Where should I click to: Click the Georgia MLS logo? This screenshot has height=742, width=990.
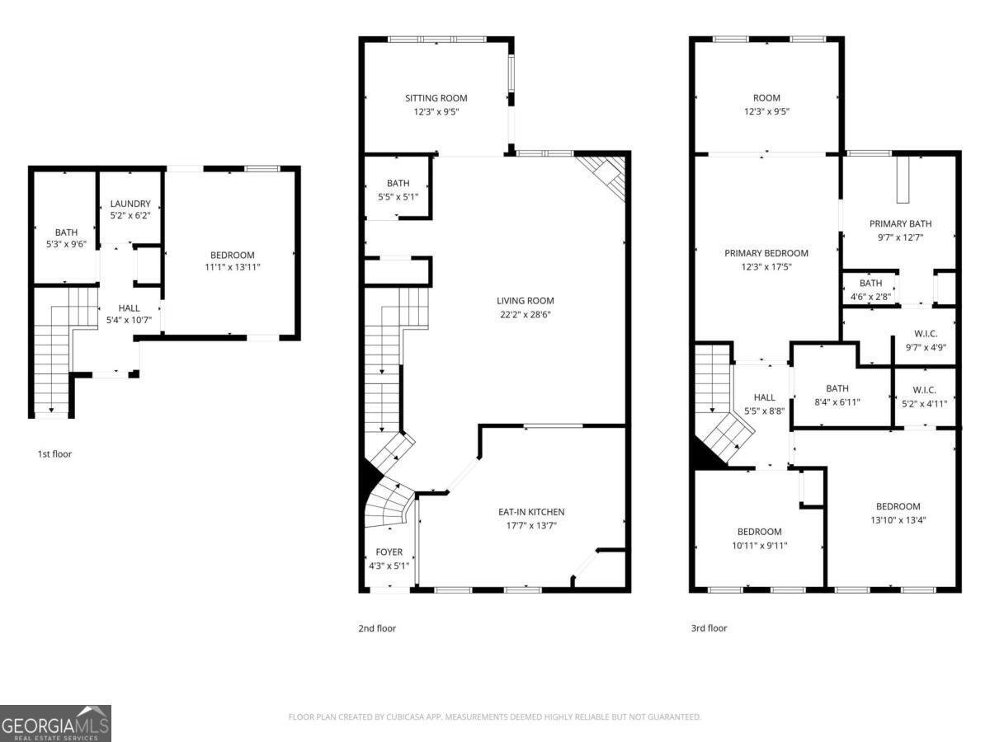point(55,723)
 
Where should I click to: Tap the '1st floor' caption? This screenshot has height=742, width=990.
point(54,453)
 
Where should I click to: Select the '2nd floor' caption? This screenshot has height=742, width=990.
point(377,628)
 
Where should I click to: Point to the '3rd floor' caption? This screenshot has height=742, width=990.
point(709,628)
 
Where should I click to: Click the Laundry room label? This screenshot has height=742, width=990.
point(130,204)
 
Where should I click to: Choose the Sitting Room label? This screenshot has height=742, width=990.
point(436,98)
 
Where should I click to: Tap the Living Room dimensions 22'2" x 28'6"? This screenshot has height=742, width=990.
point(525,315)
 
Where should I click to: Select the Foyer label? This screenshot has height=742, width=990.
point(389,552)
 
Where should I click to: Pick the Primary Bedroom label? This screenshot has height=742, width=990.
point(766,253)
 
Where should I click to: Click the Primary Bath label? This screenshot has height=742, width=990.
point(900,223)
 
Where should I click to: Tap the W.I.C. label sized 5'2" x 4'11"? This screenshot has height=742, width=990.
point(924,390)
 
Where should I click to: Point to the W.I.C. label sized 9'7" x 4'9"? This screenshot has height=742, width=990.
point(926,334)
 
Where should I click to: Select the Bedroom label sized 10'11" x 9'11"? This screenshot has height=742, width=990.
point(759,532)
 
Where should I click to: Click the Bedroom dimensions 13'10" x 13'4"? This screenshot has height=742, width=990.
point(898,520)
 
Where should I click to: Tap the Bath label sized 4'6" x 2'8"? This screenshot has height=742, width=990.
point(870,283)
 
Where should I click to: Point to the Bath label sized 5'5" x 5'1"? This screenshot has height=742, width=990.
point(398,183)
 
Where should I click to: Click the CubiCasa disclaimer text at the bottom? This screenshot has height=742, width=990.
point(494,717)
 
